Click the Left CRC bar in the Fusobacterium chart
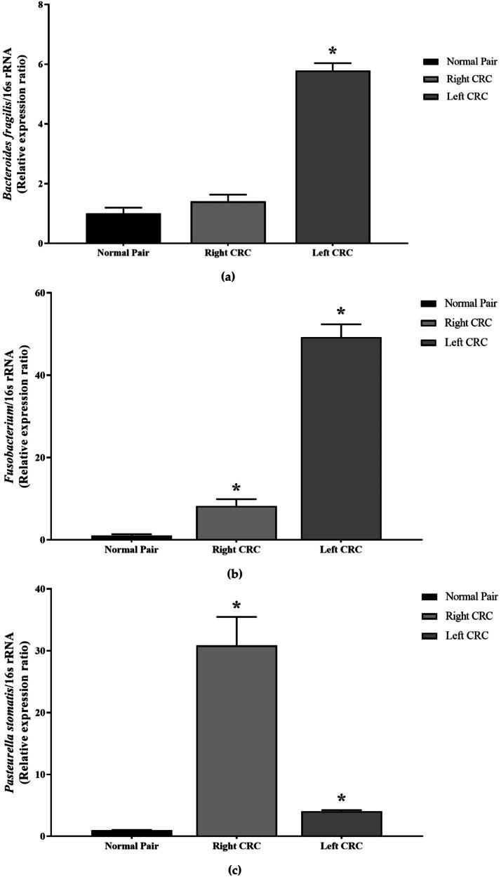coord(341,438)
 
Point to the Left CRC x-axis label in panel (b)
coord(341,550)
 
